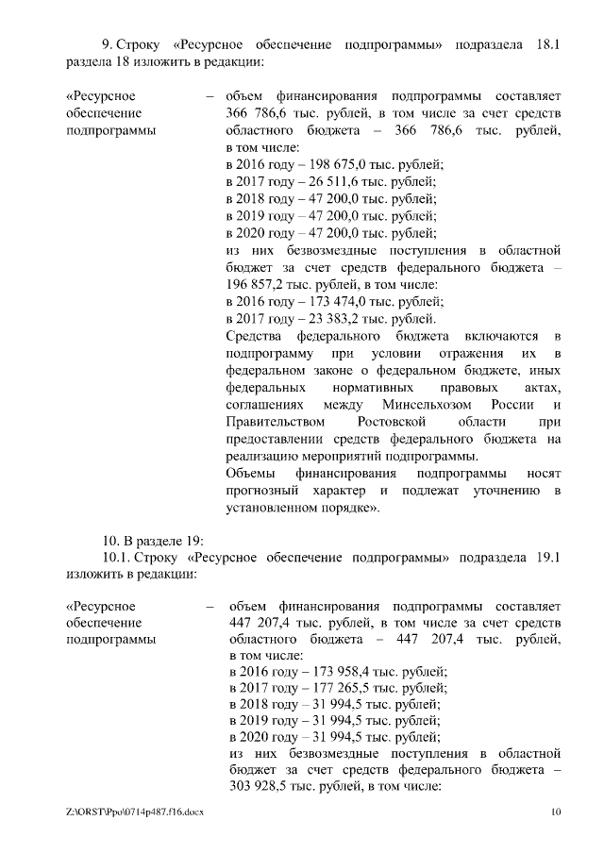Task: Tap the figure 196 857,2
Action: click(258, 284)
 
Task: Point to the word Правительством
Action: click(272, 421)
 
